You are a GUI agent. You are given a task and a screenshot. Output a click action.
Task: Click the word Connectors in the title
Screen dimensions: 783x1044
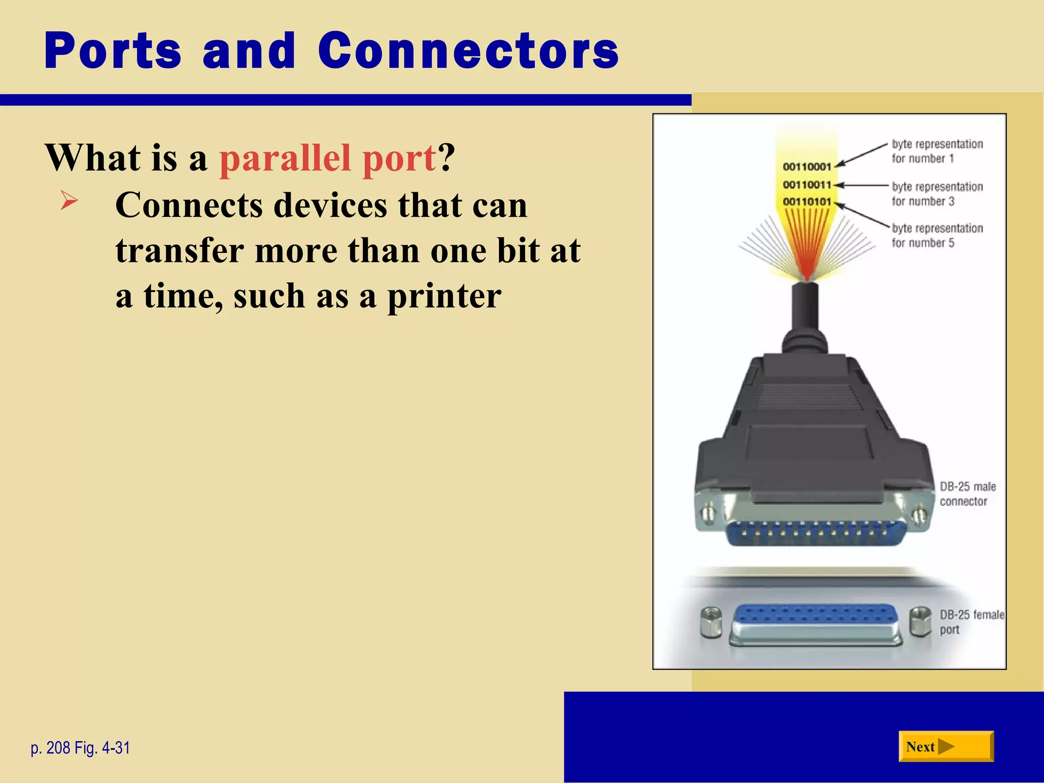(468, 51)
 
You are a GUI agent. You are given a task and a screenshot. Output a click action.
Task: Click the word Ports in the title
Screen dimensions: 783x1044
(113, 51)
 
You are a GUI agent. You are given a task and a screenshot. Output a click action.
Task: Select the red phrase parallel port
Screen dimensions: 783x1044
(328, 158)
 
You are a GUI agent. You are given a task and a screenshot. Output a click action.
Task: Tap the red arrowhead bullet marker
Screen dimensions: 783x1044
(69, 200)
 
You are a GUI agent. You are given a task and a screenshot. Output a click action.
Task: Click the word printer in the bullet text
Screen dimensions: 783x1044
(444, 297)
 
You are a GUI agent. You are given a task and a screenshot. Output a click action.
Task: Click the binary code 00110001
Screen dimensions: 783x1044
(806, 167)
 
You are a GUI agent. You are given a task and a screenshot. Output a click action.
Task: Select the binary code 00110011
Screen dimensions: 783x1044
(806, 185)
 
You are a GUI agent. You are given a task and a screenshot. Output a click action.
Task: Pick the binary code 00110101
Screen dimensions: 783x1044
(806, 202)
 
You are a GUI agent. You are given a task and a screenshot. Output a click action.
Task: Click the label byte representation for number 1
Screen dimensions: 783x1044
(937, 151)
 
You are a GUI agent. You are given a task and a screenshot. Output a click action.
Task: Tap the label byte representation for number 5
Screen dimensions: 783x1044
(937, 236)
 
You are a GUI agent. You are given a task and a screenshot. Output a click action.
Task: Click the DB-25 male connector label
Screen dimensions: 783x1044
(967, 494)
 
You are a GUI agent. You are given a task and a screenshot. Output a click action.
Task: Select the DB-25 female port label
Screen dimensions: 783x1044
(971, 622)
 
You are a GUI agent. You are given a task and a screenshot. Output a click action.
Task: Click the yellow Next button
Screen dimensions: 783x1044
(946, 747)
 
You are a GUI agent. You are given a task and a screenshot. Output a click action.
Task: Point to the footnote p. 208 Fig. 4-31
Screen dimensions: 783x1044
(81, 748)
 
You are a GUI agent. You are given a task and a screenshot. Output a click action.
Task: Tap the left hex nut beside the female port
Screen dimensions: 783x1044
(711, 622)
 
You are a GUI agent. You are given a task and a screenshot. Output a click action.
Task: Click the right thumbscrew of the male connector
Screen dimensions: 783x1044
(919, 516)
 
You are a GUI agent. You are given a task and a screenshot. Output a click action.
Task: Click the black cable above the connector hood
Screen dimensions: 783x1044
(805, 311)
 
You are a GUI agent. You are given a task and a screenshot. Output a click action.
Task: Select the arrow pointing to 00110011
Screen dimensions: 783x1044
(862, 186)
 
